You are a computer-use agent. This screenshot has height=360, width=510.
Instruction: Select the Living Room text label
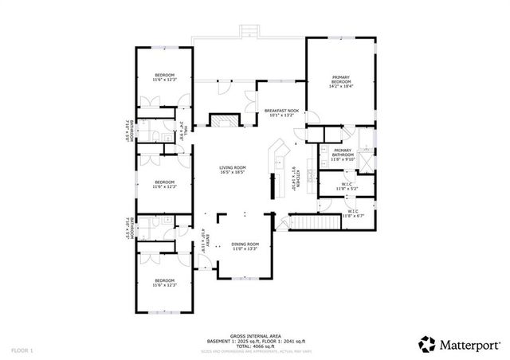point(233,167)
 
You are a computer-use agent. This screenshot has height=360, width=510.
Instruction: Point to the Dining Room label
point(245,244)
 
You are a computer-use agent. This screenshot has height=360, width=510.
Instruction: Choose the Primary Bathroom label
point(343,153)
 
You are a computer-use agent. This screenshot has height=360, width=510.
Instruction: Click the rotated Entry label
point(205,241)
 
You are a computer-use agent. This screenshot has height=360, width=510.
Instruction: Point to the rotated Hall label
point(182,130)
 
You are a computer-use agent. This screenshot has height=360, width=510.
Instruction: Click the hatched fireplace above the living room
point(222,120)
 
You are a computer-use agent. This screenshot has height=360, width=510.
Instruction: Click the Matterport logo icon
point(426,344)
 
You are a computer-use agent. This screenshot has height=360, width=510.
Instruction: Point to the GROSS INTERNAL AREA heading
point(253,335)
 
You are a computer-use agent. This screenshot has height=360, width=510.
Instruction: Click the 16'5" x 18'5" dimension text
point(233,172)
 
